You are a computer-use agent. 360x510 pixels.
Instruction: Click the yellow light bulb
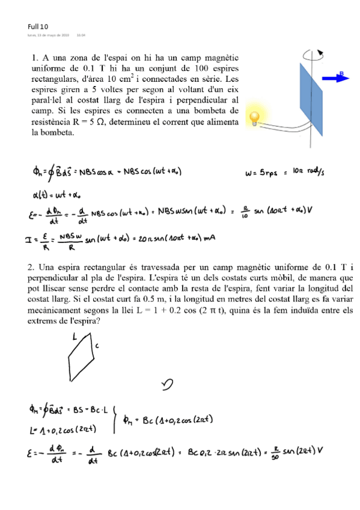[256, 117]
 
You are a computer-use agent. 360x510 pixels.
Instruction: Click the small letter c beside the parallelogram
[96, 346]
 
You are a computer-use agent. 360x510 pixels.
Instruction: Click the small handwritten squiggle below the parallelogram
[168, 383]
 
